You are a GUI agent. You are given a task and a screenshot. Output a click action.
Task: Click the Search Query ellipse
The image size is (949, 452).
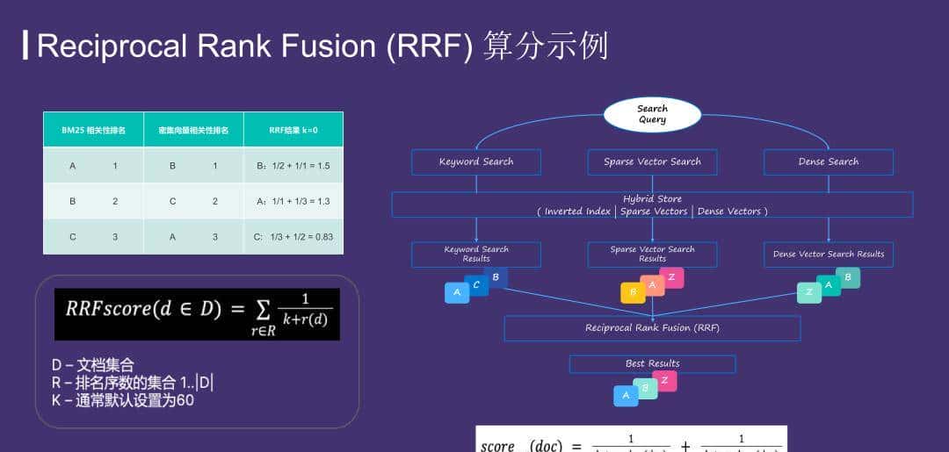tap(652, 114)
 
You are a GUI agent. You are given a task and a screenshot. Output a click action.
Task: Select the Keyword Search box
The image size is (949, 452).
tap(476, 161)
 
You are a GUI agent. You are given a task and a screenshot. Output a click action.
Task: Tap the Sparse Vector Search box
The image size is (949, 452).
tap(652, 161)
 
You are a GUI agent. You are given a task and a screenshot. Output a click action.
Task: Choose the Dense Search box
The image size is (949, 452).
tap(828, 161)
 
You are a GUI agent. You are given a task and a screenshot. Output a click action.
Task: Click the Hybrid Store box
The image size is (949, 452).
tap(652, 204)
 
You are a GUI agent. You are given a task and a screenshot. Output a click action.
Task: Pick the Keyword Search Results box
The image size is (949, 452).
tap(476, 255)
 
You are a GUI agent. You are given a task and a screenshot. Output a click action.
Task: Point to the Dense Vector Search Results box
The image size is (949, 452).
tap(828, 255)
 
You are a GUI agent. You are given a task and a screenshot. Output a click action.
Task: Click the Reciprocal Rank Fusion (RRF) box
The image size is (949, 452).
tap(652, 328)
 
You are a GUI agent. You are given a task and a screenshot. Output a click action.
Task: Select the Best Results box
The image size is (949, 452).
tap(652, 363)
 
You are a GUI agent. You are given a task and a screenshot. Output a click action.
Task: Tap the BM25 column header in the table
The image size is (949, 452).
tap(93, 130)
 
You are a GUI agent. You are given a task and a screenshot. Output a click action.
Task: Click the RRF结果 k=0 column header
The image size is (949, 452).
tap(293, 130)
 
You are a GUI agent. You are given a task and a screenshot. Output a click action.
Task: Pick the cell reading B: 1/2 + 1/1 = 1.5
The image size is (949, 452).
tap(293, 165)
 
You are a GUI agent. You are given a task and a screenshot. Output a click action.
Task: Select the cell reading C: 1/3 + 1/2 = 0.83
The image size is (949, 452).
tap(293, 237)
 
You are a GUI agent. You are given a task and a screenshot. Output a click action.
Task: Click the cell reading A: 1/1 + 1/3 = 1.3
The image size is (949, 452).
tap(293, 201)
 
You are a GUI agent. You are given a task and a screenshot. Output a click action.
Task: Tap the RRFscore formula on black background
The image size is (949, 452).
tap(197, 314)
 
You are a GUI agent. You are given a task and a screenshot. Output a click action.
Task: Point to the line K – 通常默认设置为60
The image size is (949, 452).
tap(122, 400)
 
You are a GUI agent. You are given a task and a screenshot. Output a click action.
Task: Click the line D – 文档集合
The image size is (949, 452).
tap(92, 365)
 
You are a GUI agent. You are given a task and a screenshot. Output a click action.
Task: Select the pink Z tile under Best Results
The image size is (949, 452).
tap(665, 381)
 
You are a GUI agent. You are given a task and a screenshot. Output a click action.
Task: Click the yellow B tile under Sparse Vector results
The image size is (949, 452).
tap(633, 293)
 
